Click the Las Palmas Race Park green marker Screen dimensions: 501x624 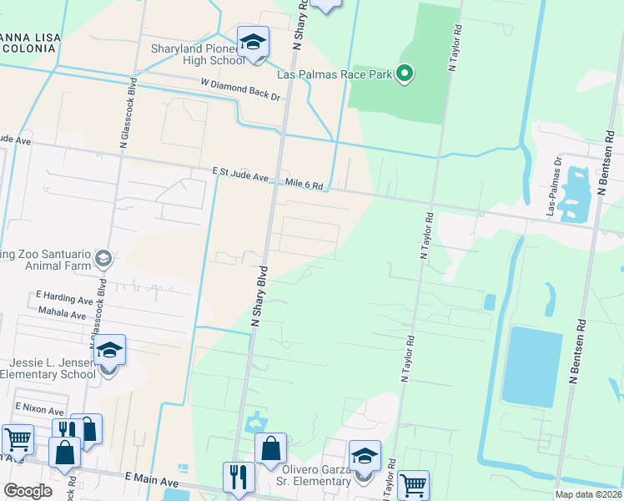[x=405, y=74]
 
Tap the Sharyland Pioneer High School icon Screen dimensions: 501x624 [x=253, y=42]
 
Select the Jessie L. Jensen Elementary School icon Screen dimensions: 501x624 [x=109, y=349]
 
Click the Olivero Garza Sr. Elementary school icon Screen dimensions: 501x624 [x=365, y=455]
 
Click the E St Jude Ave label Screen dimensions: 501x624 [x=240, y=175]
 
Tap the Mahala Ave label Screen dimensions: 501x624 [x=63, y=313]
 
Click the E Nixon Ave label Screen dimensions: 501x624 [x=39, y=411]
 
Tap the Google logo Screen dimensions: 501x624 [x=28, y=490]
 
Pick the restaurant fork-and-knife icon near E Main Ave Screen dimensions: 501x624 [x=239, y=476]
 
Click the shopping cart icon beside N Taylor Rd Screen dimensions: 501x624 [x=413, y=483]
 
